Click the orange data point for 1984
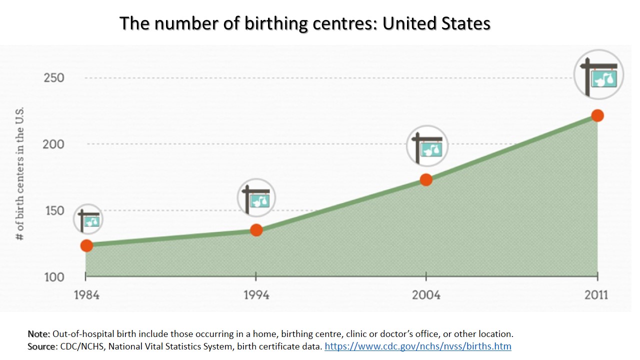point(86,245)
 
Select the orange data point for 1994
point(256,230)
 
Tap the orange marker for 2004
point(426,179)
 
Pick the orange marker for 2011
point(597,115)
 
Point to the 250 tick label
point(54,78)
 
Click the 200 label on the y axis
point(54,144)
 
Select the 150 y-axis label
point(54,210)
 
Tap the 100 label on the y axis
point(54,277)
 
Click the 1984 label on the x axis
point(86,294)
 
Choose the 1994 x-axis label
point(256,294)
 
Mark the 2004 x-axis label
point(426,294)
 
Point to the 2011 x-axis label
point(596,294)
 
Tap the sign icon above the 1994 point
point(256,197)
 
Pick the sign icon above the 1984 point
point(88,219)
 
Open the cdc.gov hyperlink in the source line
point(417,346)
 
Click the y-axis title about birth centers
point(20,174)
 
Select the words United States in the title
point(436,23)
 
